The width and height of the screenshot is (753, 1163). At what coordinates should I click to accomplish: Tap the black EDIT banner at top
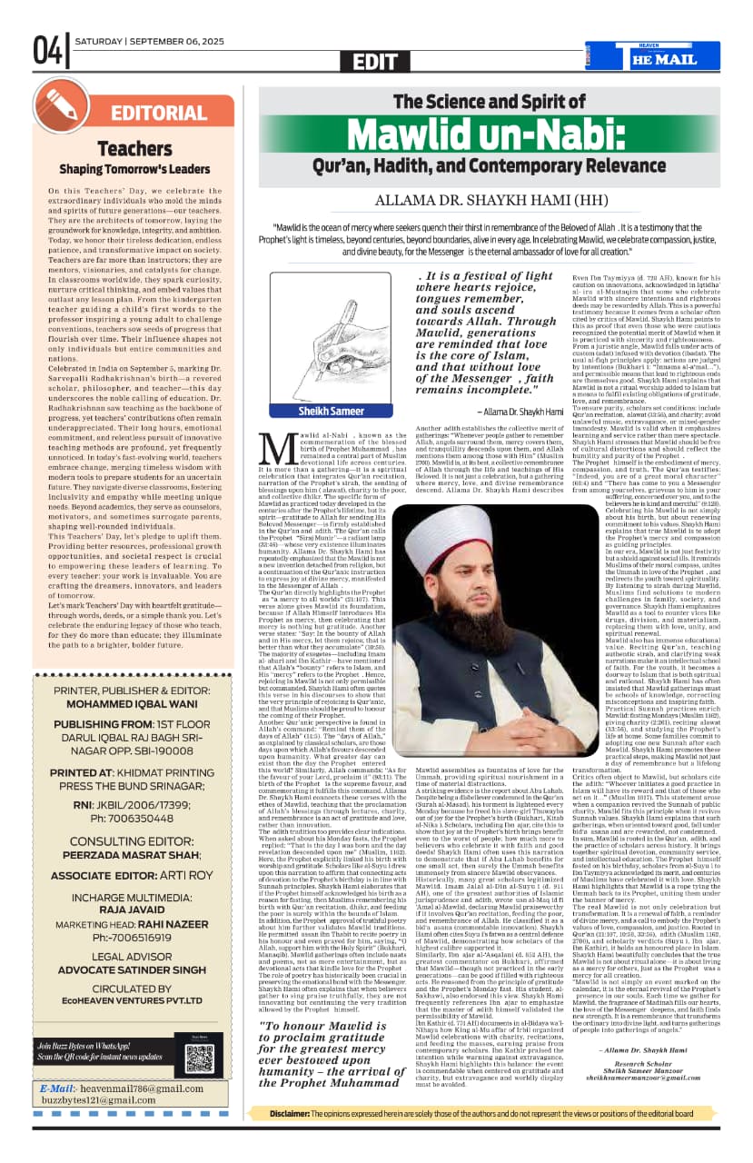click(x=375, y=62)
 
